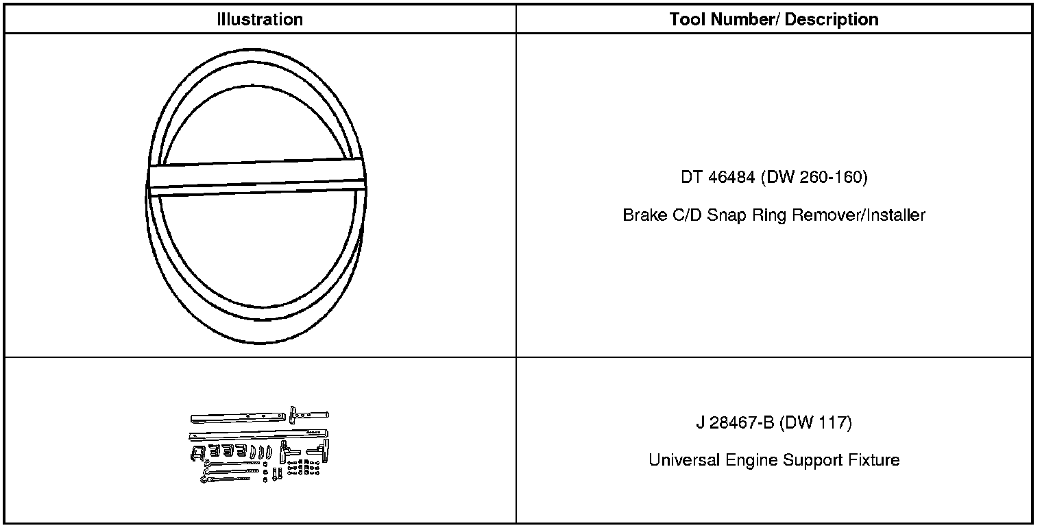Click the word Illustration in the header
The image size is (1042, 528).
point(260,19)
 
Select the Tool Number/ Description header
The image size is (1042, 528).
point(774,19)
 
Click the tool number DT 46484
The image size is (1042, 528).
point(718,177)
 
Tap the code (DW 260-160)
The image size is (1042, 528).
point(814,177)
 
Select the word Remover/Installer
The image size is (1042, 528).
point(859,215)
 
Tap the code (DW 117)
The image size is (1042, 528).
point(816,423)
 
